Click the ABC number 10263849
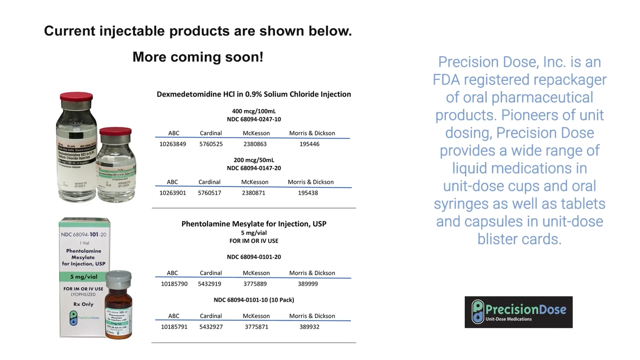pos(173,144)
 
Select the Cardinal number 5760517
pos(209,193)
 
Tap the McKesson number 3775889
pos(255,284)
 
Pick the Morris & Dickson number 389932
pos(309,327)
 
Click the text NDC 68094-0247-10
pos(254,119)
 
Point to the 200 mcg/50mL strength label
pos(254,160)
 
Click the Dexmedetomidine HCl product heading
pos(254,94)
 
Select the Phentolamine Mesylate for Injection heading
pos(254,224)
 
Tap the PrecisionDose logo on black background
pos(518,312)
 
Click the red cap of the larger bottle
pos(76,97)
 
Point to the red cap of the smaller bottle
pos(115,131)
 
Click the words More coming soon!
pos(198,57)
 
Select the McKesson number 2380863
pos(255,144)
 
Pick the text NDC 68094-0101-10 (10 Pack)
pos(254,300)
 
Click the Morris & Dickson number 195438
pos(308,193)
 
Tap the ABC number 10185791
pos(174,327)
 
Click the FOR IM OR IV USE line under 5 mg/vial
pos(254,241)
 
